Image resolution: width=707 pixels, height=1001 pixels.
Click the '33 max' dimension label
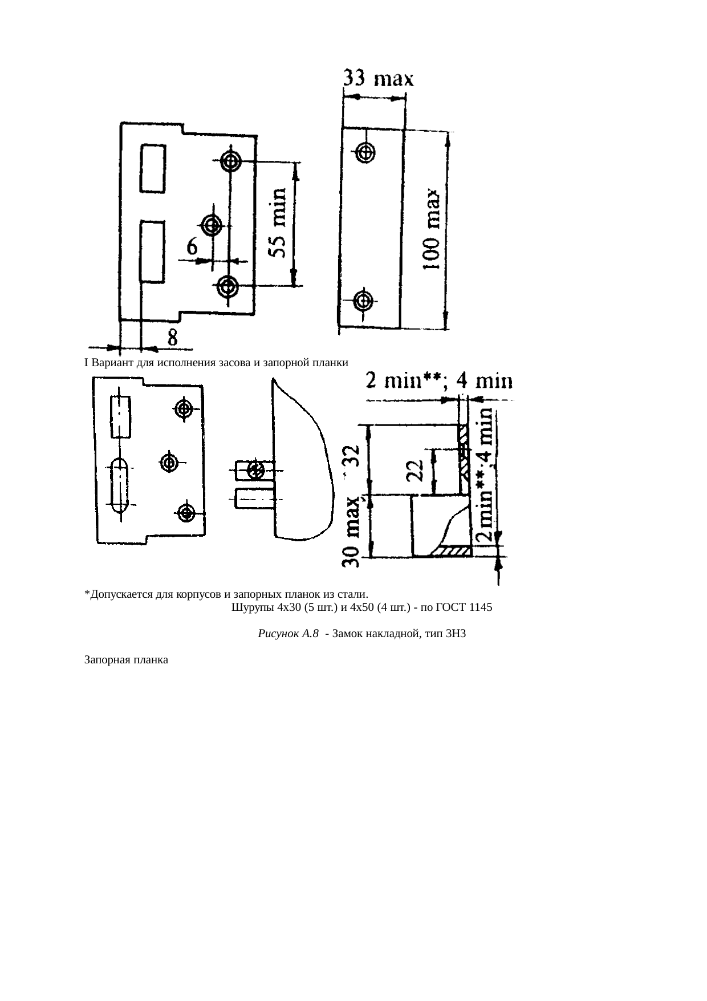coord(378,78)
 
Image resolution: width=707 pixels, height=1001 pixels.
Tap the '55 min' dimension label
coord(278,224)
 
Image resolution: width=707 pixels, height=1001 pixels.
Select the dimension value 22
coord(417,471)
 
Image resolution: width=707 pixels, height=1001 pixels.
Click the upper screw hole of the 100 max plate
coord(365,152)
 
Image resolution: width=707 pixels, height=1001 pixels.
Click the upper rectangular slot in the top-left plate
coord(153,168)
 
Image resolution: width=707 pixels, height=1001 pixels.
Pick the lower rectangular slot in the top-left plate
coord(152,252)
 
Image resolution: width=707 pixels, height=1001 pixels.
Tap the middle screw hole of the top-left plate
coord(213,223)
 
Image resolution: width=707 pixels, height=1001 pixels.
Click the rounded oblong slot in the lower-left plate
coord(120,485)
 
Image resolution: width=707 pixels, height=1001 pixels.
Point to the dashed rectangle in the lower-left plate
coord(120,416)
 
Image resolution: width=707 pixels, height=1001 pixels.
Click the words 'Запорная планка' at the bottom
coord(126,660)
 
